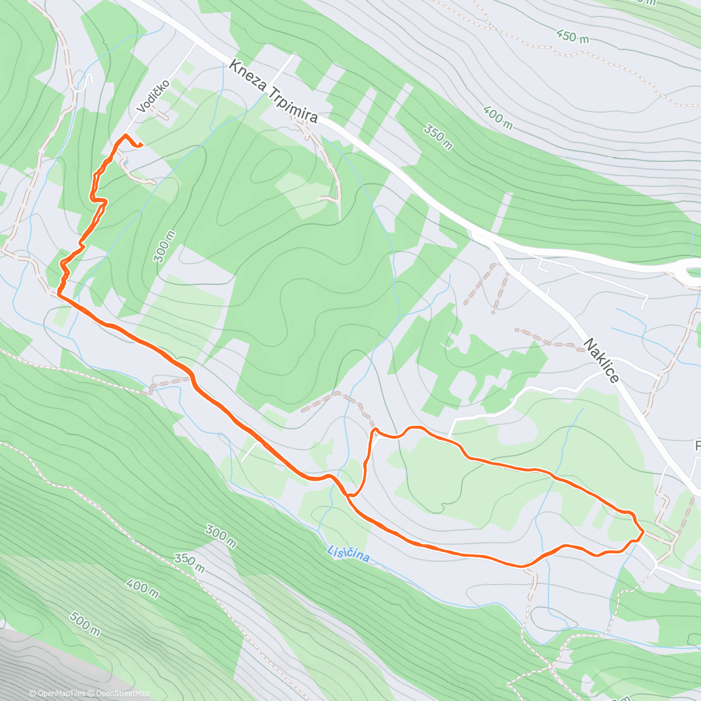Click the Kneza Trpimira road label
pyautogui.click(x=273, y=91)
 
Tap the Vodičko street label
pyautogui.click(x=154, y=96)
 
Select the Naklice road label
pyautogui.click(x=601, y=360)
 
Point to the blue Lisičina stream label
pyautogui.click(x=348, y=553)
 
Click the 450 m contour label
pyautogui.click(x=572, y=37)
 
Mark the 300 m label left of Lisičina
pyautogui.click(x=221, y=536)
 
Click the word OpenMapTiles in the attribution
pyautogui.click(x=61, y=693)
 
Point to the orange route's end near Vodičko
pyautogui.click(x=141, y=145)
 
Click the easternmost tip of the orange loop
pyautogui.click(x=643, y=532)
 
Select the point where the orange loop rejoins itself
pyautogui.click(x=349, y=495)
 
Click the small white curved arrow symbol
pyautogui.click(x=88, y=79)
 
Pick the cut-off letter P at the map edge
pyautogui.click(x=697, y=446)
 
